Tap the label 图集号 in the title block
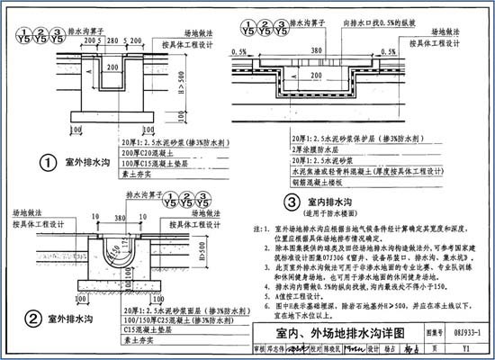click(x=431, y=332)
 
